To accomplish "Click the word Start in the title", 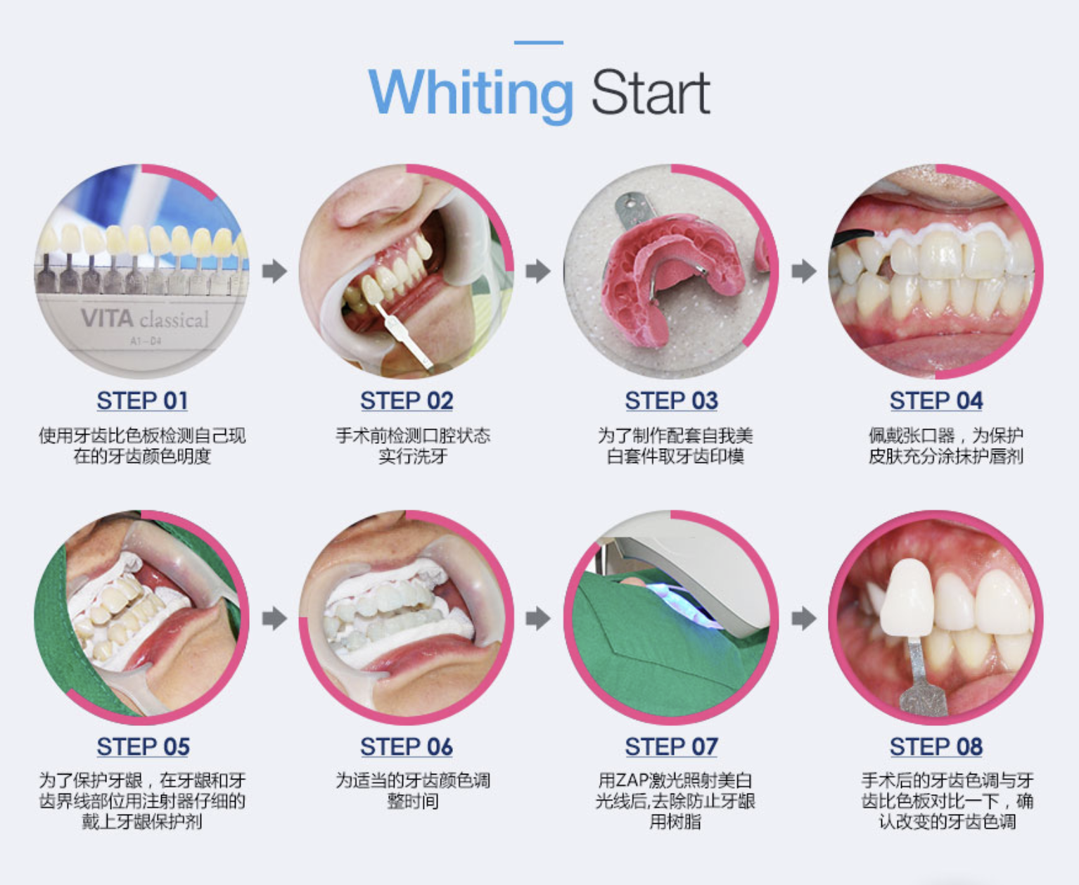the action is [x=651, y=92].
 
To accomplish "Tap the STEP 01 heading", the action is [x=142, y=400].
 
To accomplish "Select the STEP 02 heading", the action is [x=407, y=400].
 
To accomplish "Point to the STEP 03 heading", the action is [x=671, y=400].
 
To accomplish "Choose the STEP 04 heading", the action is [x=936, y=400].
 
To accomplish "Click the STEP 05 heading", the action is [x=143, y=746].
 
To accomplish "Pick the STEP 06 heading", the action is [x=407, y=746].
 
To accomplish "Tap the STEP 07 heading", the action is [x=671, y=746].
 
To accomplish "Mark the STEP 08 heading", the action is [x=936, y=746].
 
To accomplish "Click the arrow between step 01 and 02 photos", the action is [x=275, y=271].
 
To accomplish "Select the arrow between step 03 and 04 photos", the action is [x=804, y=271].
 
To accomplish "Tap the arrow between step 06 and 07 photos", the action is [x=538, y=618].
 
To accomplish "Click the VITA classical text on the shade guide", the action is [x=145, y=319].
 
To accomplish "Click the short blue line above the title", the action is [x=539, y=42].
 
